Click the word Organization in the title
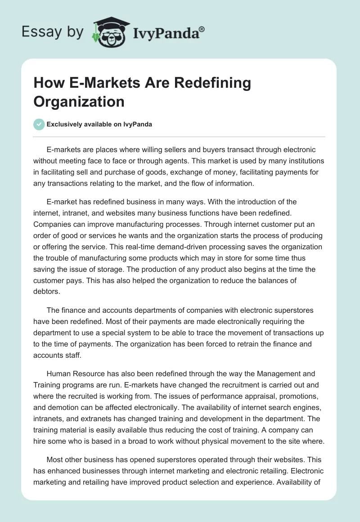point(79,101)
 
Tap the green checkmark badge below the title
point(39,124)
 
